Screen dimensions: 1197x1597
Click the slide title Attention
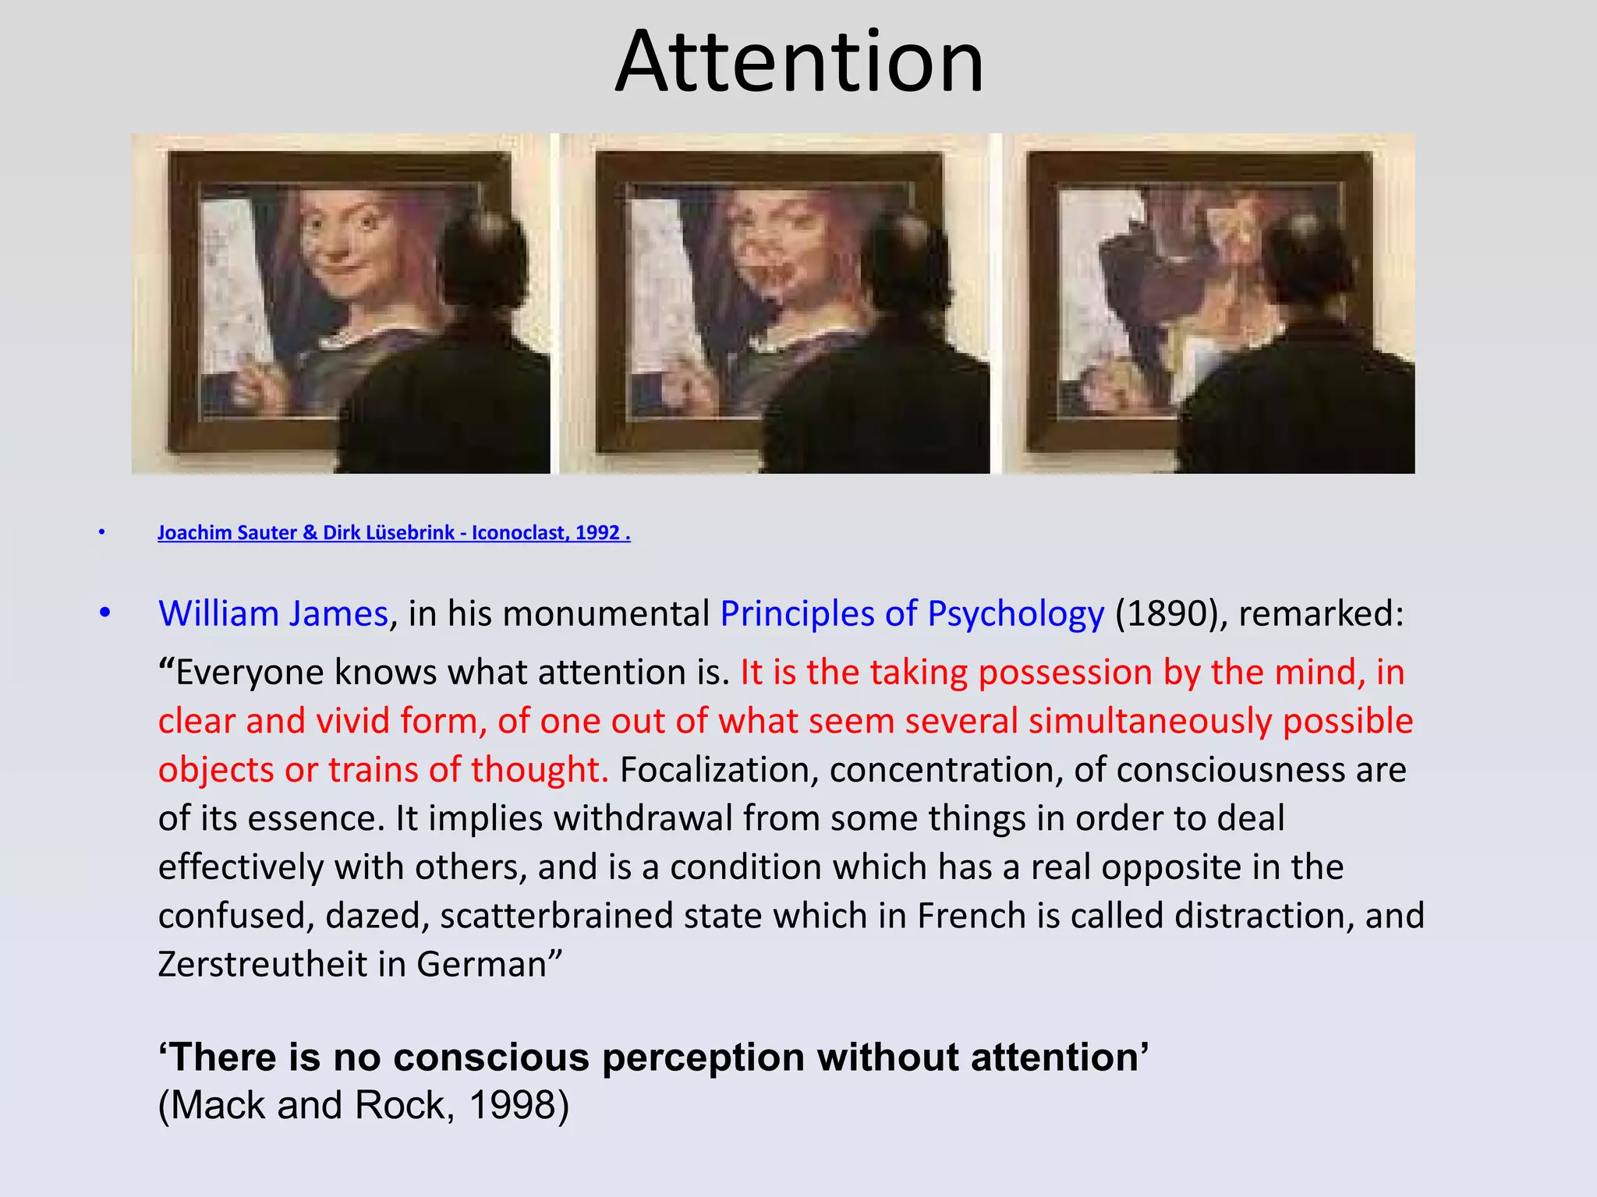coord(799,62)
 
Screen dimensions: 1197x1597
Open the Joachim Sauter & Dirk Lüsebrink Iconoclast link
coord(394,533)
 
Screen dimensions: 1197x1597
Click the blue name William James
coord(273,614)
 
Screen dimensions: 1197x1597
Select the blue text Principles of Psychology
coord(912,614)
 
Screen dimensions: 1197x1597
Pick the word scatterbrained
coord(556,916)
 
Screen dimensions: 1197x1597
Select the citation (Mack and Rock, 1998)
coord(363,1105)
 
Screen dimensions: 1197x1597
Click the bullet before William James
coord(105,614)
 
